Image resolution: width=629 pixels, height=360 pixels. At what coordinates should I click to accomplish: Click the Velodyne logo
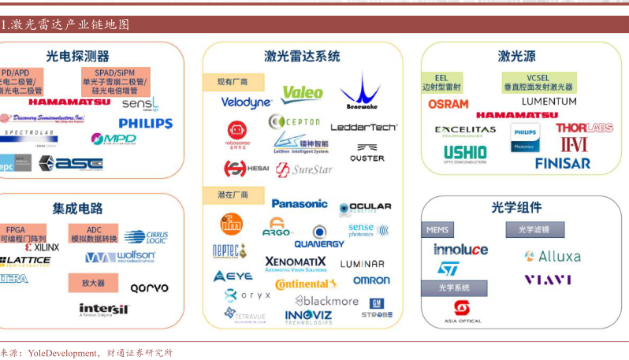(x=246, y=102)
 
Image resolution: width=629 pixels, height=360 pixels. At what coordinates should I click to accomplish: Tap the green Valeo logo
(x=302, y=94)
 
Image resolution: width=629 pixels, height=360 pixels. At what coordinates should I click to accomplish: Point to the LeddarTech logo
(x=363, y=127)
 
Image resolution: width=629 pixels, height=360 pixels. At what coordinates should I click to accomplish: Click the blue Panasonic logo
(x=300, y=203)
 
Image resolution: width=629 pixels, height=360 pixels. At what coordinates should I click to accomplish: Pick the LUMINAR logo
(x=363, y=264)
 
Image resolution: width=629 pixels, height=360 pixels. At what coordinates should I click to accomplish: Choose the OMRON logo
(x=371, y=280)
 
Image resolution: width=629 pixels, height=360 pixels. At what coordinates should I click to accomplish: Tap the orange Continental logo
(x=306, y=284)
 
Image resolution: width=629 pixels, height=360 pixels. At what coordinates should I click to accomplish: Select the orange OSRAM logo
(x=448, y=104)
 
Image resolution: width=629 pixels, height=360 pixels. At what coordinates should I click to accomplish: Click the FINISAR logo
(x=562, y=164)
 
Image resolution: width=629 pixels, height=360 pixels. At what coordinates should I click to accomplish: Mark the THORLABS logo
(x=583, y=128)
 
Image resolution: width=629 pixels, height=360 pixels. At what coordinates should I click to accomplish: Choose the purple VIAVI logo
(x=548, y=280)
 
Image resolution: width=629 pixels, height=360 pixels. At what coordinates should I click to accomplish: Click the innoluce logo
(x=460, y=250)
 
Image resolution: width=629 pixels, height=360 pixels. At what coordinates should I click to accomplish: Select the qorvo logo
(x=149, y=288)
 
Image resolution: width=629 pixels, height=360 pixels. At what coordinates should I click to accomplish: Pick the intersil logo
(x=103, y=309)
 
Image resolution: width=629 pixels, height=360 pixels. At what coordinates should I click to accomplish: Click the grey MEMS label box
(x=437, y=230)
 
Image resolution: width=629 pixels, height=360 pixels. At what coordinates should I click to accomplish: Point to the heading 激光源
(x=516, y=57)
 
